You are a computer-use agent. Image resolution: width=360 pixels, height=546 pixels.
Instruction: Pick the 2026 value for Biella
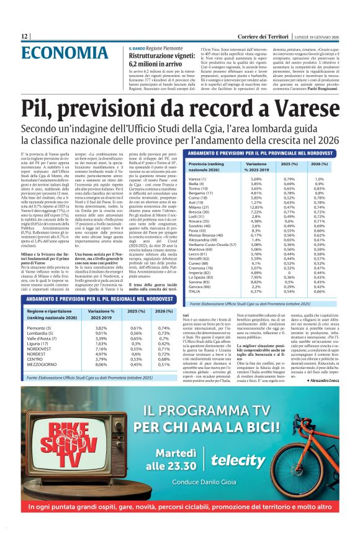point(319,184)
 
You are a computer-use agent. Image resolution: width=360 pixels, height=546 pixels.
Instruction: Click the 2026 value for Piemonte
point(164,327)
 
